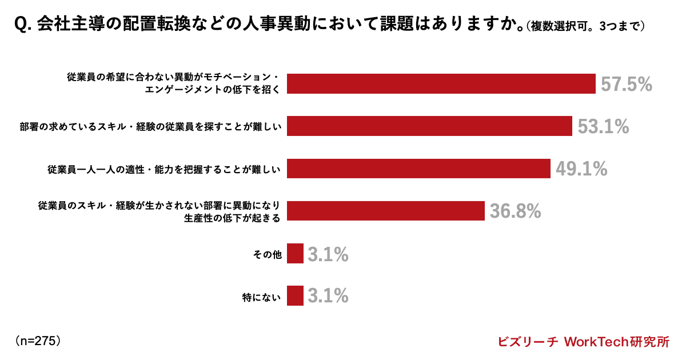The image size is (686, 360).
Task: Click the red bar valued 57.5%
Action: click(x=441, y=84)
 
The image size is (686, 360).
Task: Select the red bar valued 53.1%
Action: click(x=429, y=126)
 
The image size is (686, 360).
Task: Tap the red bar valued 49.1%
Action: click(x=418, y=169)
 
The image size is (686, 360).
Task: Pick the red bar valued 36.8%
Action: click(x=386, y=211)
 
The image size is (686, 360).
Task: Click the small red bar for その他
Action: click(x=295, y=254)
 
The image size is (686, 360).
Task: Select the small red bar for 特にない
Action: click(x=295, y=296)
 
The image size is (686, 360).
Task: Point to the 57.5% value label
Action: click(x=626, y=85)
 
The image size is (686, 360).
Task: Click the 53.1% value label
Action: click(x=603, y=127)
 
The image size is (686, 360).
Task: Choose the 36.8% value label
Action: click(x=515, y=211)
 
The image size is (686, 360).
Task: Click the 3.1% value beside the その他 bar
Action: click(x=328, y=254)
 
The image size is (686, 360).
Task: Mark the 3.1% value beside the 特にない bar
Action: click(x=328, y=297)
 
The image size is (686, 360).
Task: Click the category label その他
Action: click(x=268, y=254)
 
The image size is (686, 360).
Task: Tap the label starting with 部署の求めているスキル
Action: click(x=150, y=127)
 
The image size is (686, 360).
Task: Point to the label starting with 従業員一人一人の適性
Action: click(x=165, y=169)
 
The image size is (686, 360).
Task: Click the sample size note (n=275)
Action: click(x=38, y=341)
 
